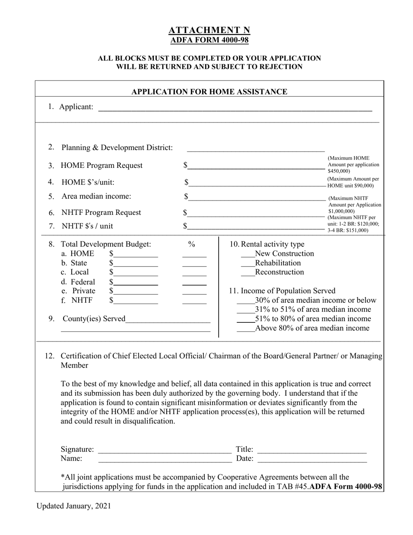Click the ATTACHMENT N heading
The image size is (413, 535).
209,30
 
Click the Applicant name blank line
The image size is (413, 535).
235,108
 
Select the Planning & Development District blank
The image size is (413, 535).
255,148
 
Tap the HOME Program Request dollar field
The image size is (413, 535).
256,166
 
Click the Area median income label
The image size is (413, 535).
96,196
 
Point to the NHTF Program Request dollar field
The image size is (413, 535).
256,213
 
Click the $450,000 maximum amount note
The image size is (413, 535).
353,165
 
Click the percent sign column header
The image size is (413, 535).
192,244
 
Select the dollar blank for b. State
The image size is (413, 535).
136,264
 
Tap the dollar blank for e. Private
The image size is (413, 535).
136,291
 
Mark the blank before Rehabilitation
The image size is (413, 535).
247,264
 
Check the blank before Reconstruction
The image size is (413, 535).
247,273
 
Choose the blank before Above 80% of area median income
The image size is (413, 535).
245,329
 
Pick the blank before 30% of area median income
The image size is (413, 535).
245,301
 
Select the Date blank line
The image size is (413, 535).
312,459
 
